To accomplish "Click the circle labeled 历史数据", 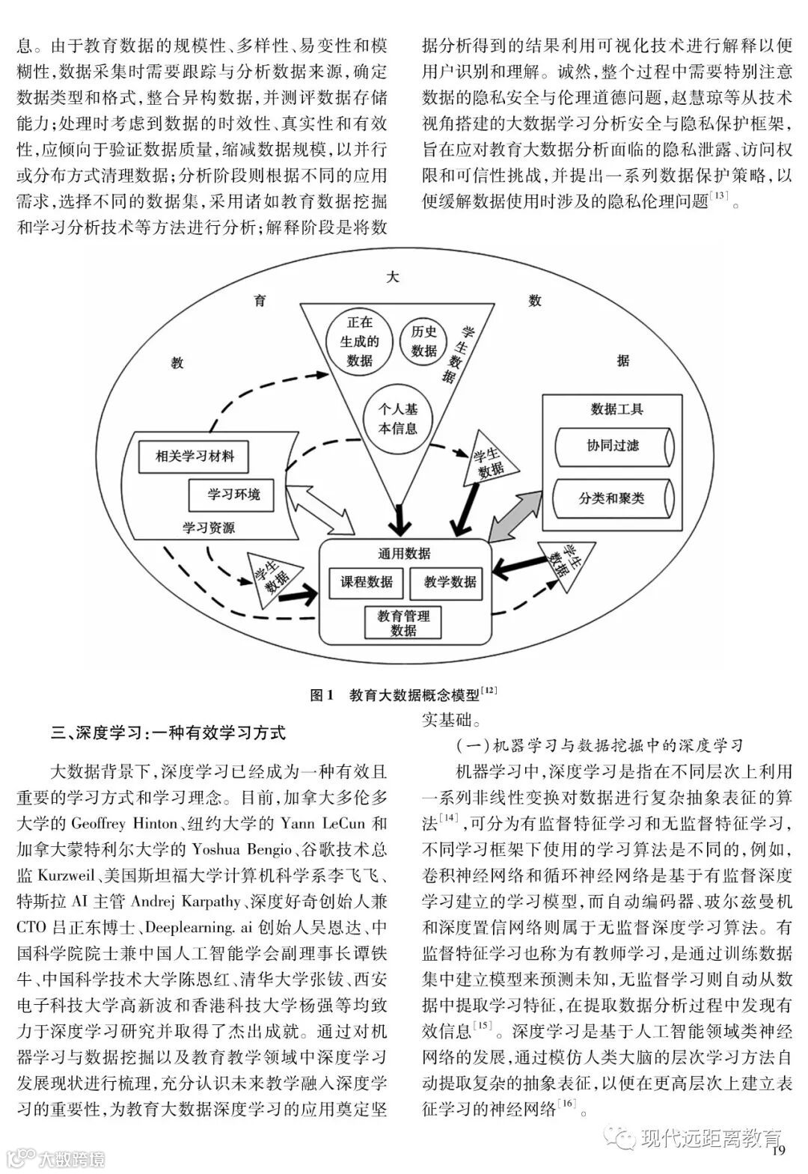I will tap(423, 342).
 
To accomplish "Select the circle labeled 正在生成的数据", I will tap(360, 341).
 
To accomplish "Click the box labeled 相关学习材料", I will tap(195, 456).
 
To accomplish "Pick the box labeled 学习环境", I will tap(234, 495).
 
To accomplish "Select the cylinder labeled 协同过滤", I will tap(613, 447).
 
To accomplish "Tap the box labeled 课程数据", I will tap(367, 582).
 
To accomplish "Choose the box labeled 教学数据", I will tap(450, 582).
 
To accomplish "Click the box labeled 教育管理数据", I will tap(403, 623).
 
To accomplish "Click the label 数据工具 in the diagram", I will tap(616, 409).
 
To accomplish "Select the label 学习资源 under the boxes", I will tap(209, 528).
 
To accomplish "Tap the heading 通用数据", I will tap(405, 554).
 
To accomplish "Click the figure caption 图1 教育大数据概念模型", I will tap(403, 695).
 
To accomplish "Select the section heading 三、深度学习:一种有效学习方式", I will tap(168, 732).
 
